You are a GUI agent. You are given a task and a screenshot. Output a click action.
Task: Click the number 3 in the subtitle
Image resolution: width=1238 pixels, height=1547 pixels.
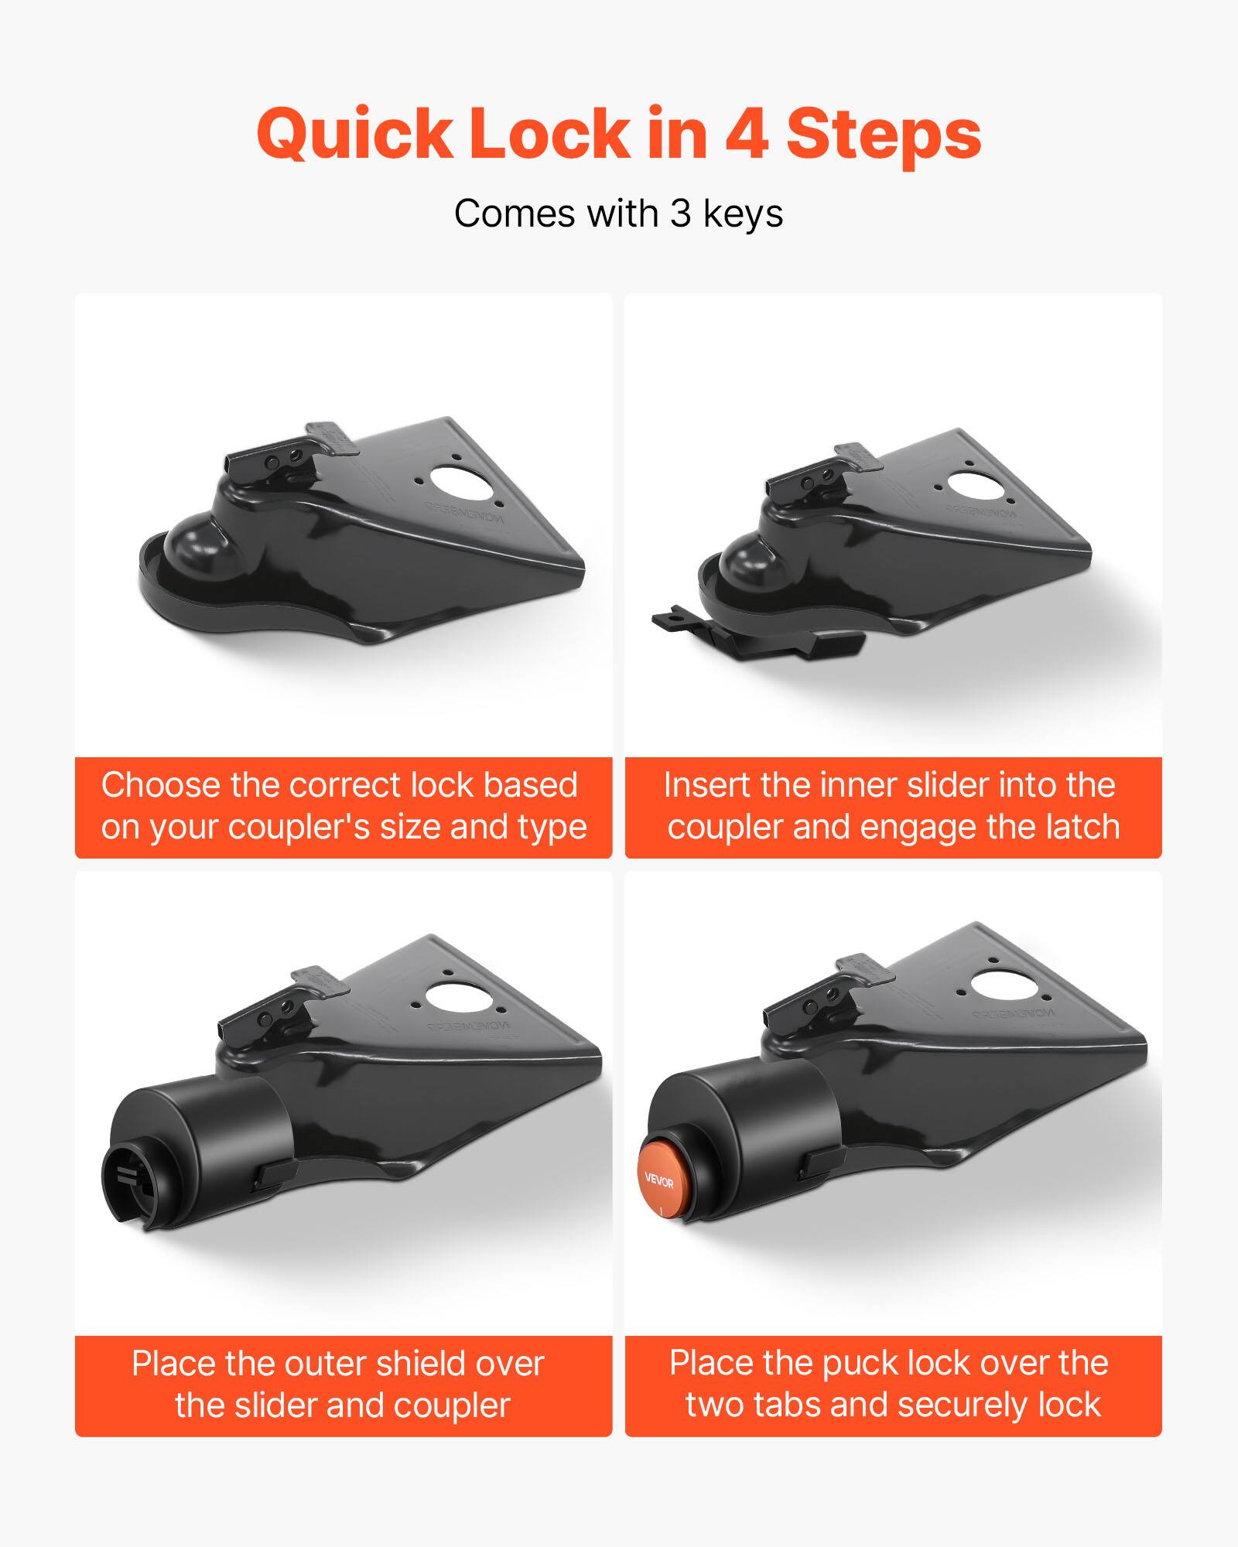point(680,213)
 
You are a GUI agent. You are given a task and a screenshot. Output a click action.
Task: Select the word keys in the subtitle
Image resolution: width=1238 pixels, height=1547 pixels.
point(742,215)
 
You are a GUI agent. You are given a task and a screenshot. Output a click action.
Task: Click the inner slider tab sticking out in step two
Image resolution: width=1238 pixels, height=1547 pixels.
point(673,619)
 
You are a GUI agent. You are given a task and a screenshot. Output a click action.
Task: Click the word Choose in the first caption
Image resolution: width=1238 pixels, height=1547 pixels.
point(159,786)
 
